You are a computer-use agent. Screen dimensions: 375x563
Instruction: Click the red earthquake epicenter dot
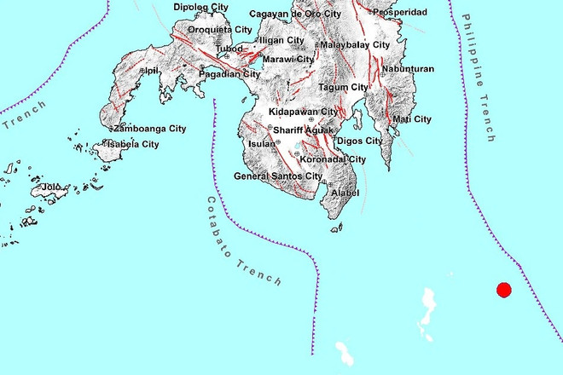click(x=503, y=290)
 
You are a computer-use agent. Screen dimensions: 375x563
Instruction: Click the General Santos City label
click(x=279, y=176)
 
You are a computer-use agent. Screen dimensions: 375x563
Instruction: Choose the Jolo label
click(x=52, y=186)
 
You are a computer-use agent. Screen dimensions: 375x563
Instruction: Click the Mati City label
click(x=411, y=118)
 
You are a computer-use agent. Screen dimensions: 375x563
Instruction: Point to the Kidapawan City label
click(x=303, y=112)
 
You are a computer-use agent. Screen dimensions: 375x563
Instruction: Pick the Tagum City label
click(x=343, y=87)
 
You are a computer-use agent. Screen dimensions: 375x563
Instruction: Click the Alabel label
click(x=344, y=193)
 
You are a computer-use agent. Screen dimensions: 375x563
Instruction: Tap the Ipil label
click(x=152, y=71)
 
